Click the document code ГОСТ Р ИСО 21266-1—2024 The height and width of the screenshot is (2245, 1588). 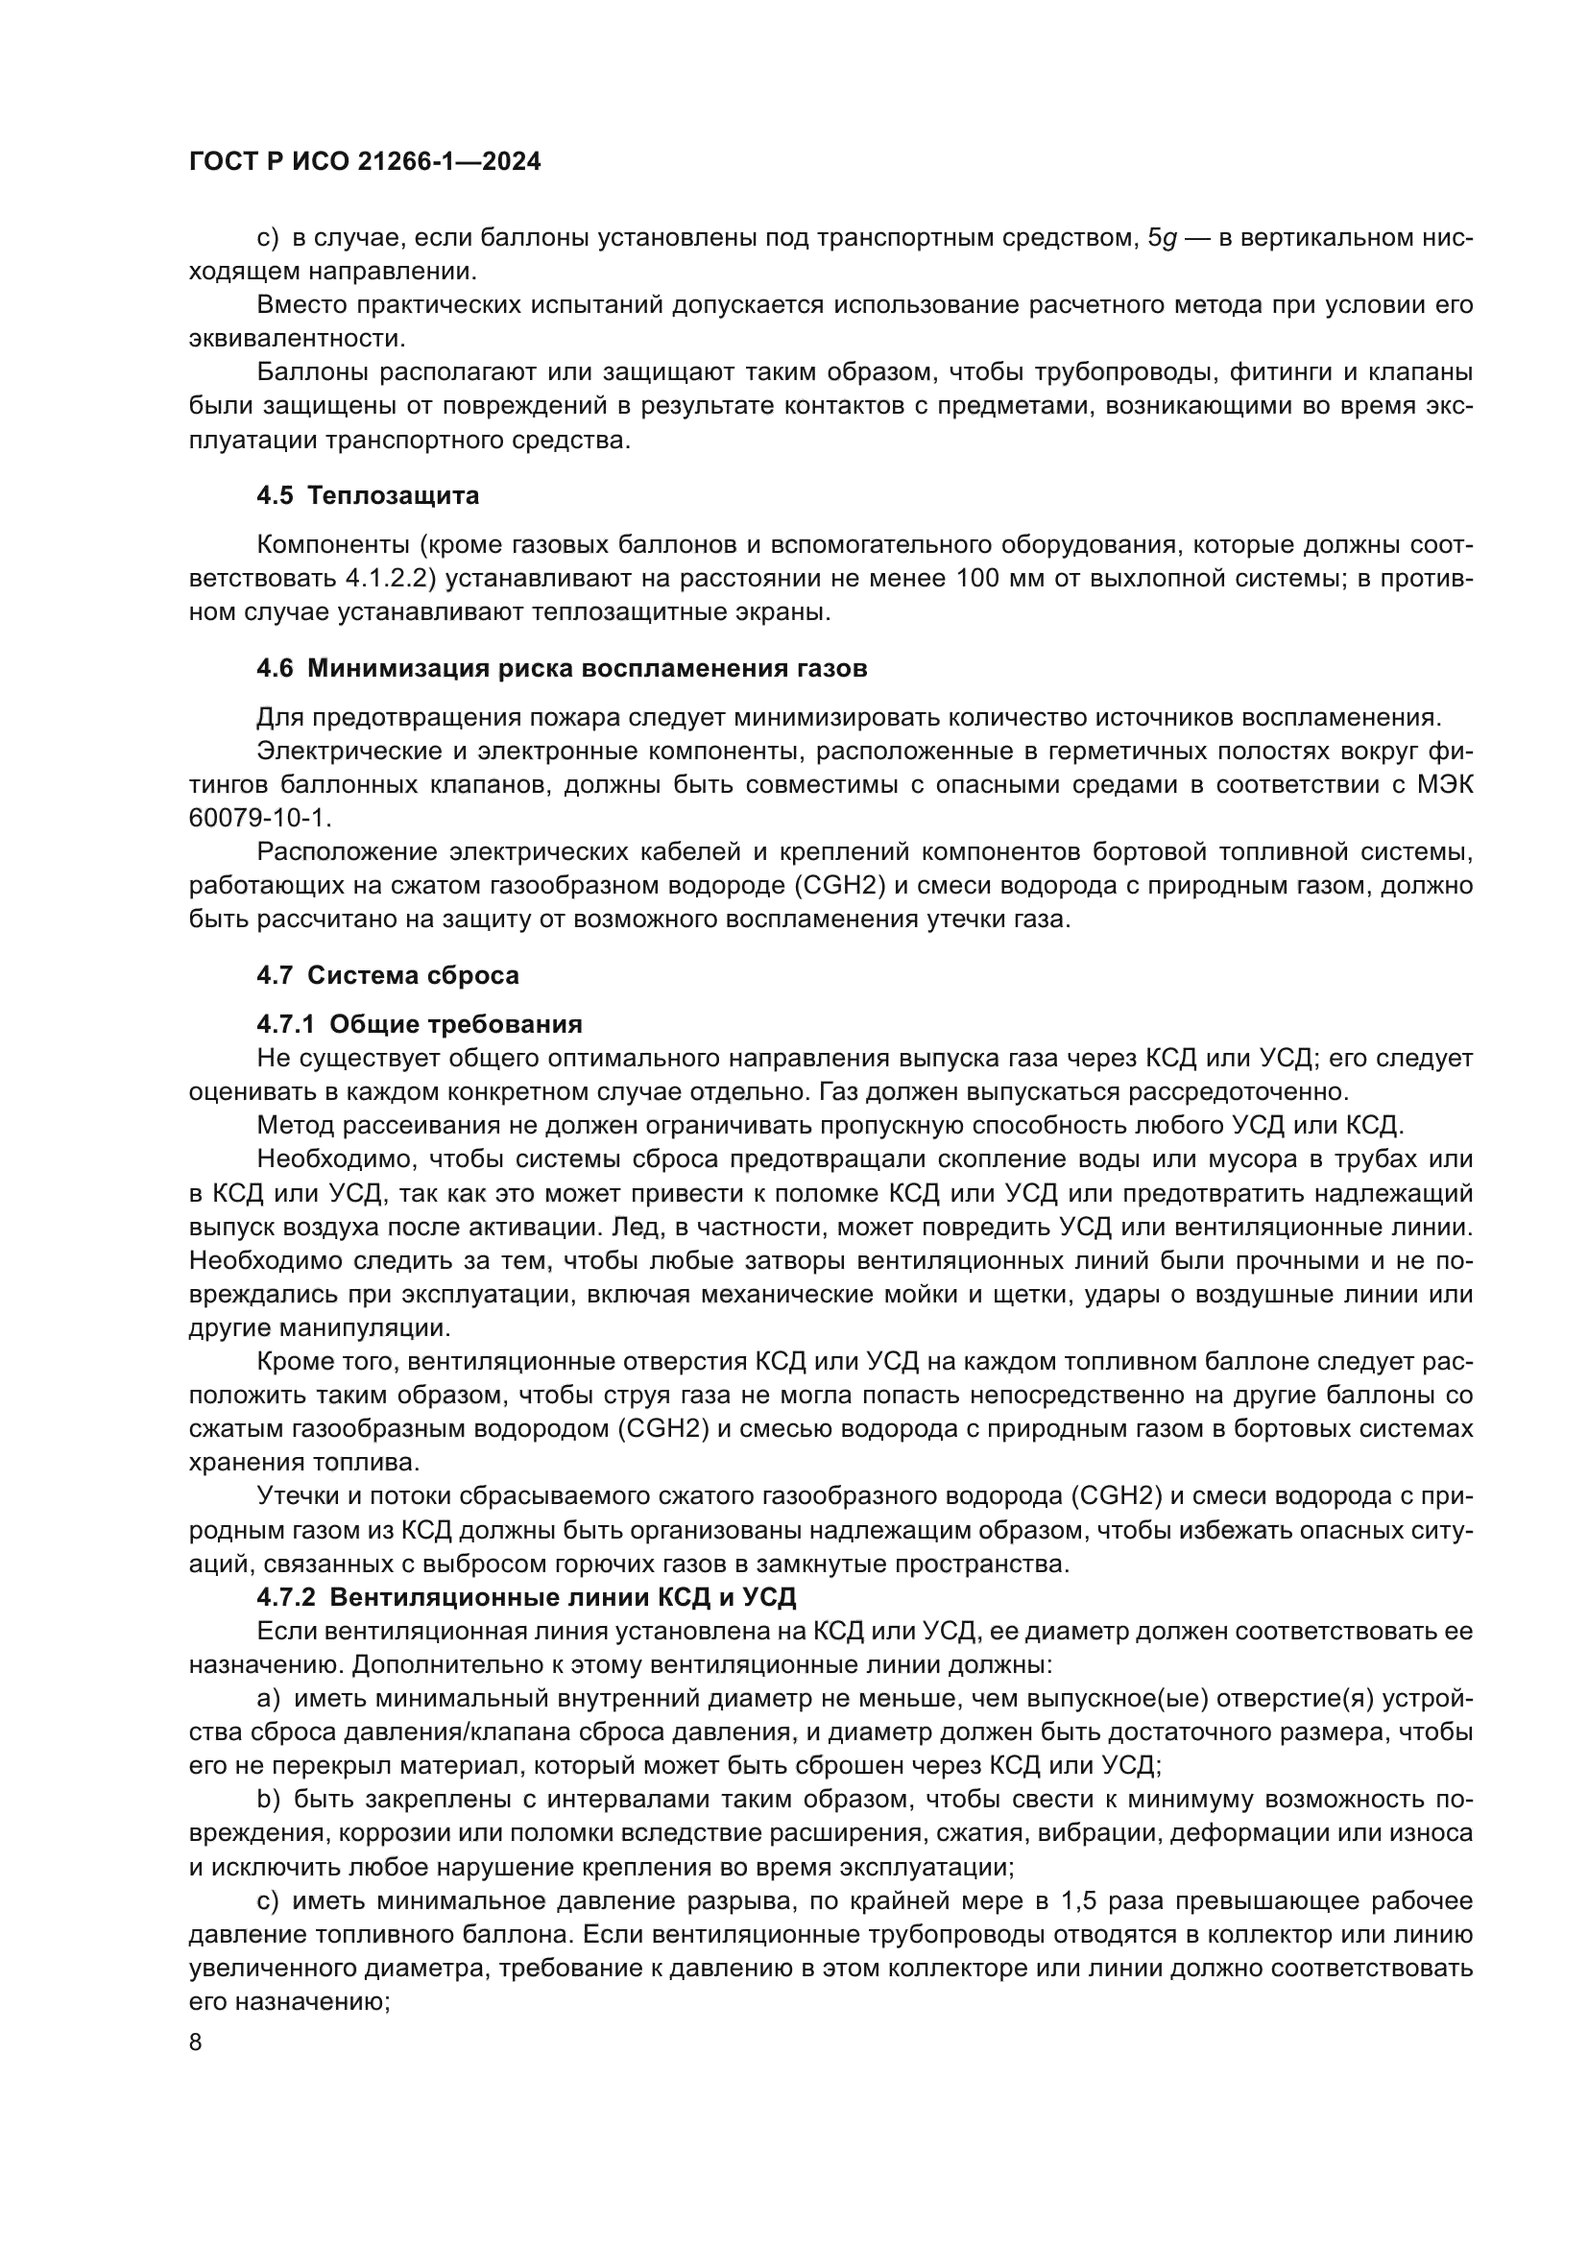(x=365, y=162)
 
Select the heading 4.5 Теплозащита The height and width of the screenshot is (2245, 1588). (x=368, y=495)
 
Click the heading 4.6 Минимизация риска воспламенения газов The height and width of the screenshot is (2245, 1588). (x=562, y=669)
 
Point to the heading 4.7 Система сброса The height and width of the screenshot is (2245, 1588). (x=387, y=975)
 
